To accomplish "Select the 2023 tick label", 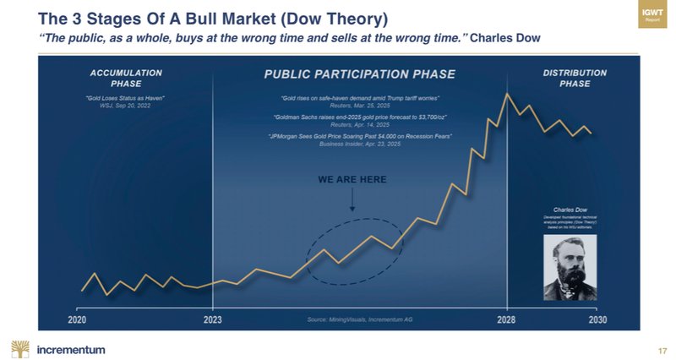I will point(212,320).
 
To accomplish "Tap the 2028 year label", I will point(507,320).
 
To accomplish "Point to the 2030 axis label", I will point(597,320).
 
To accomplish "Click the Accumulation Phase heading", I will point(126,78).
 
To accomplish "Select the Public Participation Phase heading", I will point(360,74).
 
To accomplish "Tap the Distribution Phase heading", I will point(570,78).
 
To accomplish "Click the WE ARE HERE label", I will point(352,180).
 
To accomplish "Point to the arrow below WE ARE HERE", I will point(352,200).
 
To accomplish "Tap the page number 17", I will point(662,350).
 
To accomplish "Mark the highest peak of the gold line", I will point(507,93).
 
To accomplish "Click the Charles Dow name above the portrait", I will point(565,208).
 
